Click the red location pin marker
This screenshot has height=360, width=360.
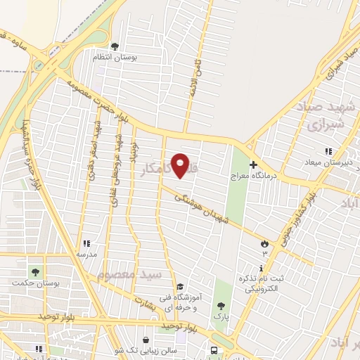click(181, 165)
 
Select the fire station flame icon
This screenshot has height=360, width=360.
click(265, 243)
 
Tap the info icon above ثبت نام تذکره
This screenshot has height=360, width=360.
click(262, 268)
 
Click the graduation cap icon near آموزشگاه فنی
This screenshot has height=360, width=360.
click(180, 287)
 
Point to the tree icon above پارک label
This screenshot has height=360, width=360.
click(221, 306)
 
